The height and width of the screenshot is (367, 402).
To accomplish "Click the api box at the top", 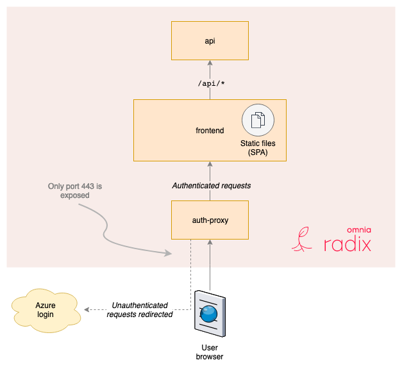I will tap(210, 40).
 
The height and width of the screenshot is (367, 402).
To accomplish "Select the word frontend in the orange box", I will tap(210, 131).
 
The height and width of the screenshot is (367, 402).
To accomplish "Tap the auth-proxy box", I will tap(210, 220).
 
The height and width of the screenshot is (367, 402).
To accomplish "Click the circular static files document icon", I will tap(257, 120).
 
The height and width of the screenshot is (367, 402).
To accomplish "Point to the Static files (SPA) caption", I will tap(257, 149).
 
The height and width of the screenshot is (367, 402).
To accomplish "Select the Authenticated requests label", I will tap(211, 186).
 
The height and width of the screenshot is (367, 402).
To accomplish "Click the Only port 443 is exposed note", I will tap(75, 191).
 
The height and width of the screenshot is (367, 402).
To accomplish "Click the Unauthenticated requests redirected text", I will tap(139, 310).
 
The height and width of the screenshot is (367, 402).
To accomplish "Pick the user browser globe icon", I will tap(210, 313).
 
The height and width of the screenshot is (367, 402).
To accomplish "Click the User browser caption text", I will tap(210, 352).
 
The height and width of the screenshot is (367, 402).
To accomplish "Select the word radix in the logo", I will tap(347, 244).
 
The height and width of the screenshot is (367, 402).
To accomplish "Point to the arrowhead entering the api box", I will tap(210, 63).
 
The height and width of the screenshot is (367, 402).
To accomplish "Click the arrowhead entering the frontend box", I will tap(210, 165).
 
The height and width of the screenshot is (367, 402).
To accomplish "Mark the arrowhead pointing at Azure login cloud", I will tap(88, 311).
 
